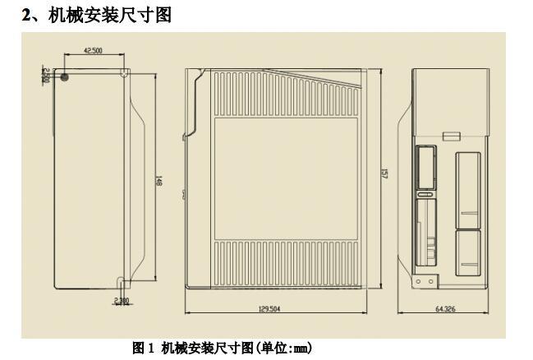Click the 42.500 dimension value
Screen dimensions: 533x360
pos(93,50)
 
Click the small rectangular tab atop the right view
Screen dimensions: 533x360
pos(450,135)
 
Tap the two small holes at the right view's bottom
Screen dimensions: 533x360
pos(422,280)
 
